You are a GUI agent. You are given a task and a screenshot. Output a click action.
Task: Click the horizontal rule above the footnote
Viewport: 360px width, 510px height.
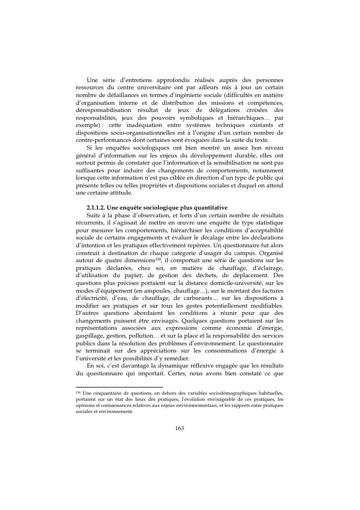tap(119, 387)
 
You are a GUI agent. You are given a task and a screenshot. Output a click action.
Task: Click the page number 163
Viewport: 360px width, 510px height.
tap(179, 427)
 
